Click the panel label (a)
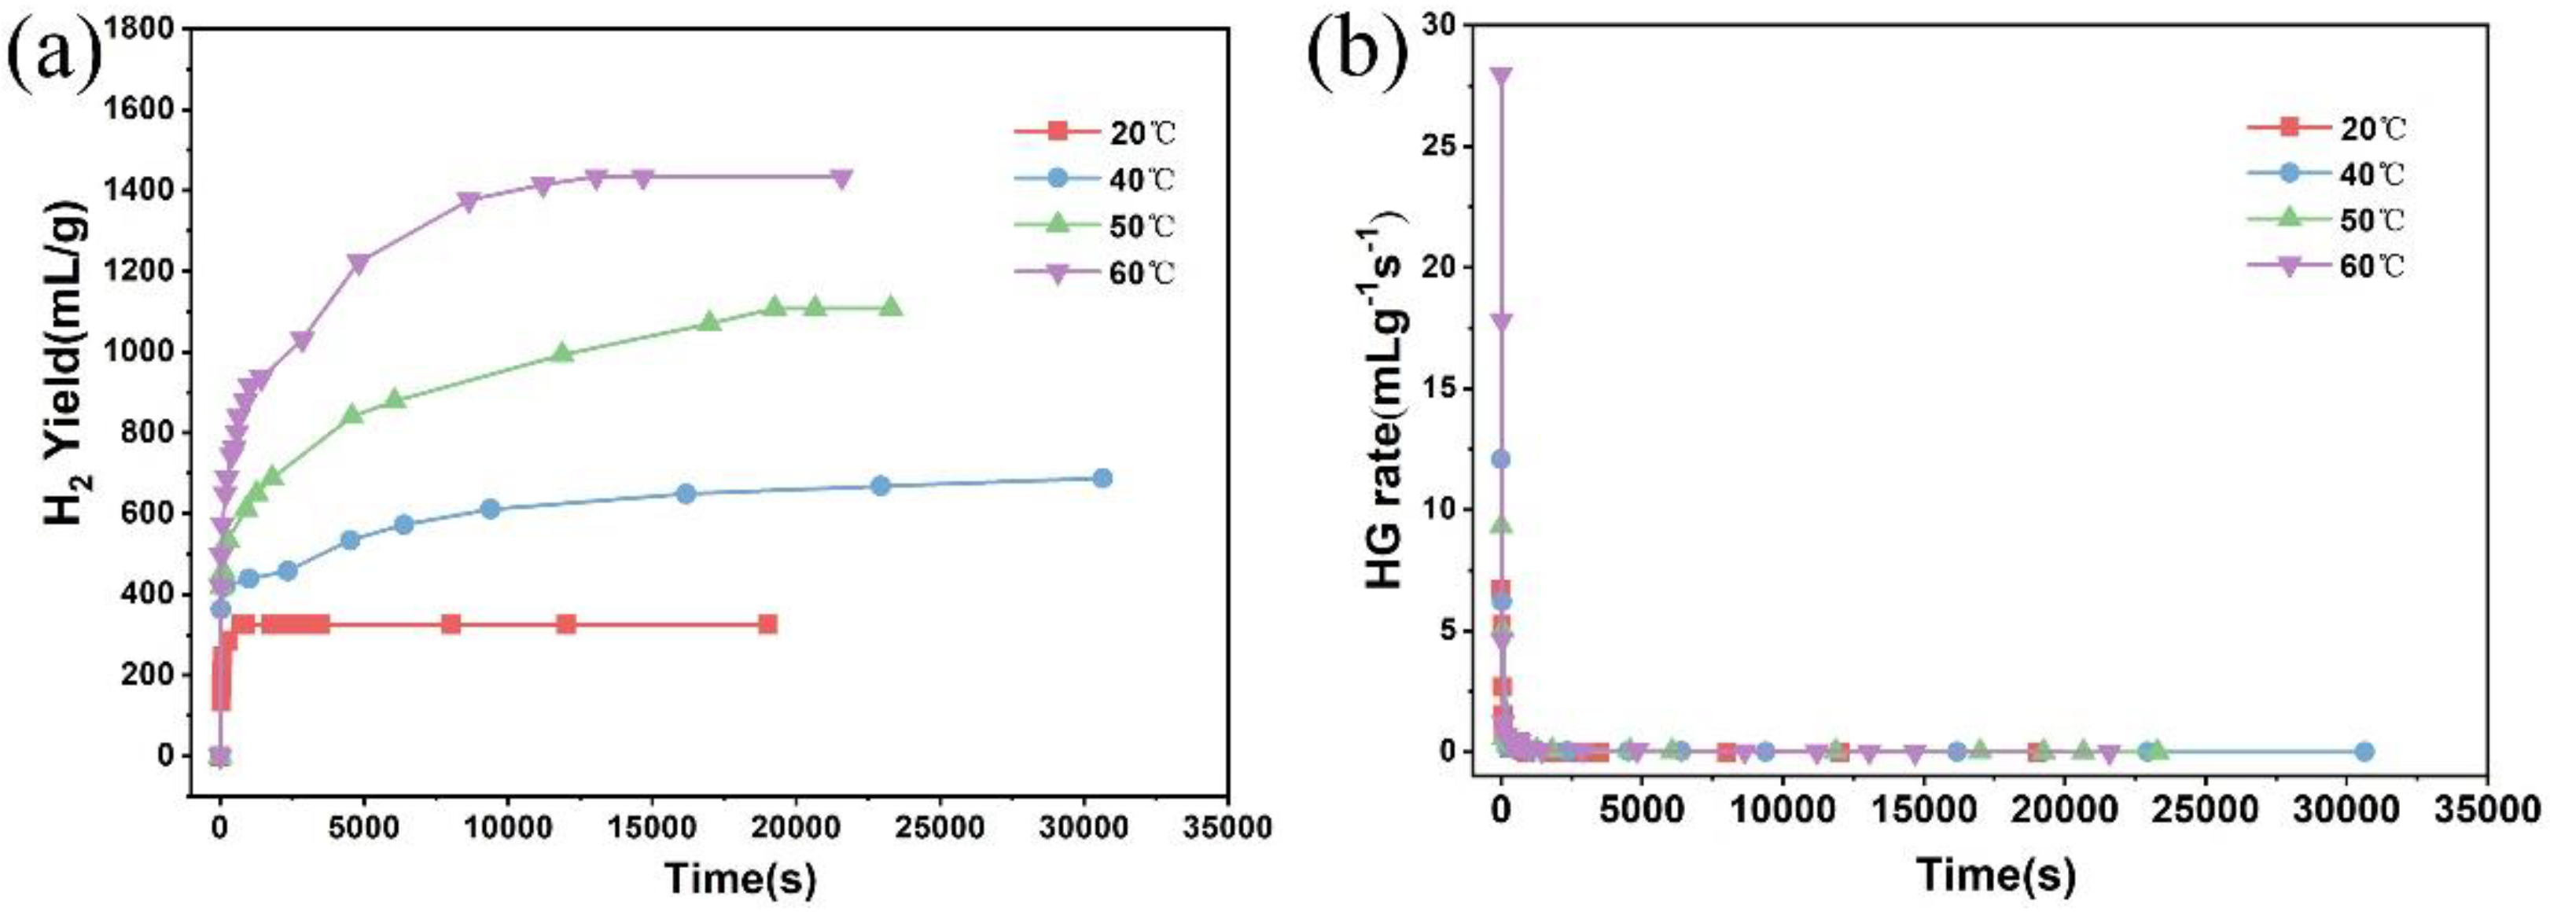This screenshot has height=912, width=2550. click(x=54, y=57)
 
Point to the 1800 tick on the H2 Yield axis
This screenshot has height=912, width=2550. click(x=146, y=29)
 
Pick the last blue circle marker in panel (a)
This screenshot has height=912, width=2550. click(x=1102, y=478)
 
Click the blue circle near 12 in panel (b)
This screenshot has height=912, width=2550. click(x=1501, y=458)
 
